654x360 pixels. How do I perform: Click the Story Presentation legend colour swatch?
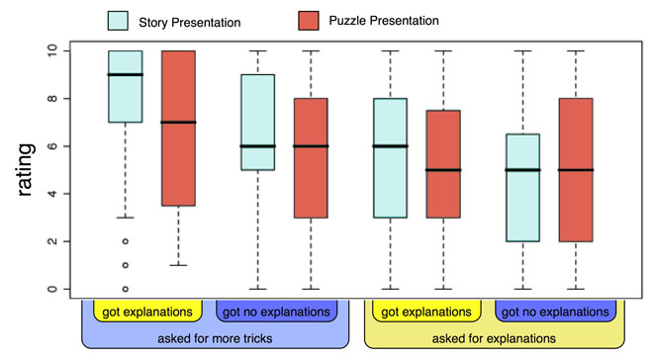118,21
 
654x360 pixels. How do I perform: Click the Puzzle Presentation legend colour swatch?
309,21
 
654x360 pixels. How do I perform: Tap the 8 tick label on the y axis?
52,99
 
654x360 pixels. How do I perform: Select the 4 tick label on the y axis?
52,194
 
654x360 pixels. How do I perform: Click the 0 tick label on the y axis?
52,289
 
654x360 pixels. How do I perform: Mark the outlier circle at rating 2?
125,241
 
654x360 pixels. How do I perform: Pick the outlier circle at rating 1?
125,265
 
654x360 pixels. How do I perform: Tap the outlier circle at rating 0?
125,289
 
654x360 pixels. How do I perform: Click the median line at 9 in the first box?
125,74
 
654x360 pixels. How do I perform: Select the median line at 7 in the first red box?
178,123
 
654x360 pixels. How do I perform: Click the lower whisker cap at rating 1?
178,265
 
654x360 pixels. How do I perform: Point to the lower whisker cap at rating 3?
125,218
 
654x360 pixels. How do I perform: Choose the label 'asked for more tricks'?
215,338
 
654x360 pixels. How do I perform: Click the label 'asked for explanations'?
494,338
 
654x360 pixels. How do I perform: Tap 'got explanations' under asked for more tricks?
147,312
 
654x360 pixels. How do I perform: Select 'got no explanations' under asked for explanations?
555,312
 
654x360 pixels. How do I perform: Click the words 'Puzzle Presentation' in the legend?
384,21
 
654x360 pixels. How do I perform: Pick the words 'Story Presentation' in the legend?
190,23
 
